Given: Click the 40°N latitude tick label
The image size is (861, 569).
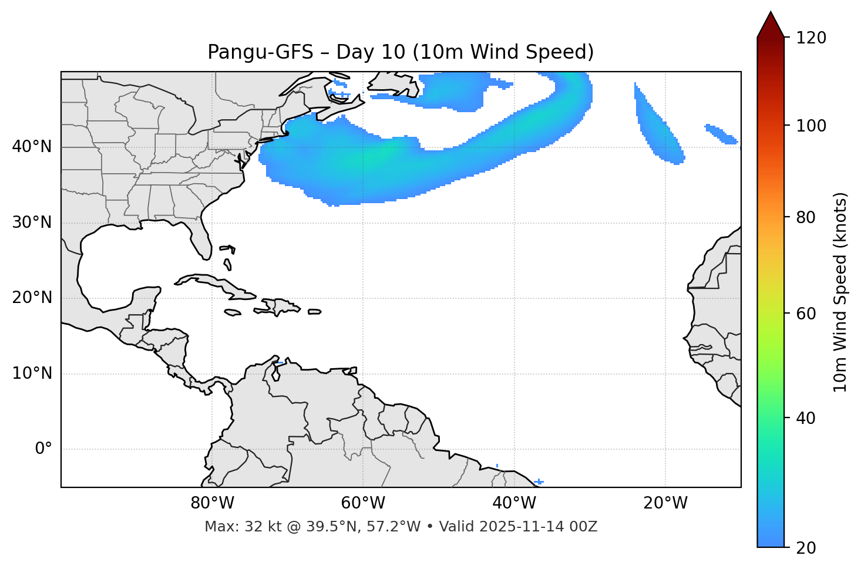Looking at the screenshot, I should (32, 147).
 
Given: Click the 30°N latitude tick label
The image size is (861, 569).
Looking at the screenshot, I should (32, 223).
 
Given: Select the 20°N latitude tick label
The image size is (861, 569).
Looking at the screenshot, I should (32, 298).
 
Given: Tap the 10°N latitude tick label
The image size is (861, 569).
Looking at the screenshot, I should (32, 373).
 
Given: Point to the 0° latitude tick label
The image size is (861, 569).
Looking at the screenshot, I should (43, 449).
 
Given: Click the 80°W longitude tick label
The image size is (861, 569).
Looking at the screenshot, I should (212, 503).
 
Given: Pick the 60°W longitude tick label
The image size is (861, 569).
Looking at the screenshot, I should (363, 503).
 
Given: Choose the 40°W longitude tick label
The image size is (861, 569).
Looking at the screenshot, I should (514, 503).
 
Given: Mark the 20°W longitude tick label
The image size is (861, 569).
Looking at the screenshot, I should (665, 503).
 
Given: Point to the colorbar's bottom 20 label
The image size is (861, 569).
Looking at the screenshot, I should (805, 547).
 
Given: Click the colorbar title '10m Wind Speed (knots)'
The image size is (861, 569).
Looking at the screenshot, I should (840, 292).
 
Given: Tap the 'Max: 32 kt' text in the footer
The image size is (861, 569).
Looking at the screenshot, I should (230, 527).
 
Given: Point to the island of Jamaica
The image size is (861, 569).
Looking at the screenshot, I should (233, 312).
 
